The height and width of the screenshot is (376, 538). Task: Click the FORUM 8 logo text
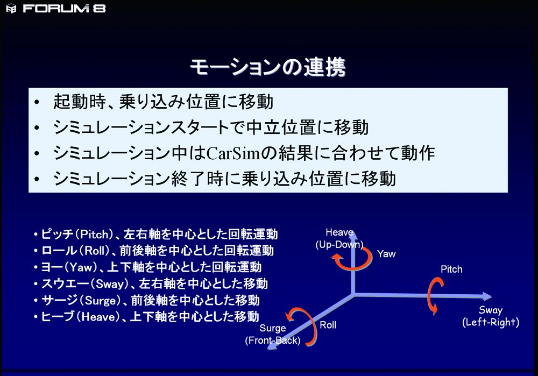click(64, 8)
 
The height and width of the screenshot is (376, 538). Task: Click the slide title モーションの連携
click(268, 67)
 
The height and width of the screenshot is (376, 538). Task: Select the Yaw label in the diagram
click(386, 254)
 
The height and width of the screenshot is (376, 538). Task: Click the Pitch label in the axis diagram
click(451, 269)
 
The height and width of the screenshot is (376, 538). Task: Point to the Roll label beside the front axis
click(328, 325)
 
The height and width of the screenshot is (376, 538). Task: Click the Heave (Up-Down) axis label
click(339, 238)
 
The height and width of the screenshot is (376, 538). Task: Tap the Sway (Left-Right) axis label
click(491, 316)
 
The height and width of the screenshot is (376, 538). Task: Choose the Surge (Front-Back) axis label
click(273, 334)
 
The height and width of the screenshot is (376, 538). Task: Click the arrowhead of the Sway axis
click(487, 296)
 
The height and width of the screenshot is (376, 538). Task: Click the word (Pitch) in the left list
click(94, 235)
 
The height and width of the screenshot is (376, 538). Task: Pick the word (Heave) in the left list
click(98, 316)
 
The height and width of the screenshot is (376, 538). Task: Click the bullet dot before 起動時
click(37, 102)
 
